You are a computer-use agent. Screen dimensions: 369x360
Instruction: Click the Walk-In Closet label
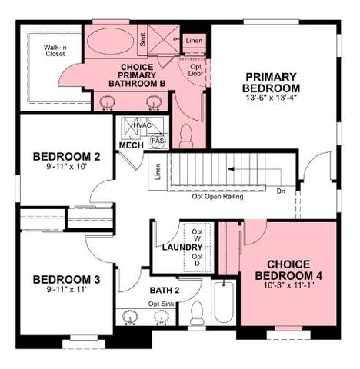(55, 51)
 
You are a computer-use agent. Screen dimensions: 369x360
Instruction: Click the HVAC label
(142, 125)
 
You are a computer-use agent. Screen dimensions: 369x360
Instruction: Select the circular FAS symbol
(158, 141)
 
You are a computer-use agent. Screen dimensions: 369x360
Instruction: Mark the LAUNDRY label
(182, 248)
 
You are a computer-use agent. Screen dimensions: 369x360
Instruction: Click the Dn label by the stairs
(282, 191)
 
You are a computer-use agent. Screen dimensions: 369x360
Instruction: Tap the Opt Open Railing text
(218, 197)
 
